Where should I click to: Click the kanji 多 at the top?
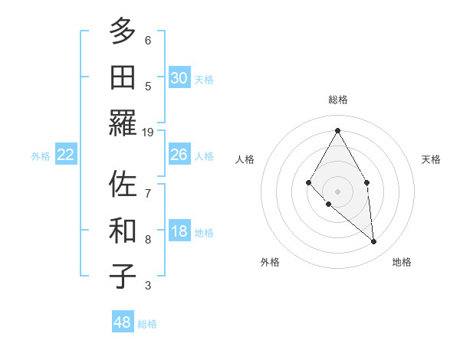(123, 32)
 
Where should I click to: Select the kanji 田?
(123, 78)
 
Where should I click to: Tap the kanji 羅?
(123, 124)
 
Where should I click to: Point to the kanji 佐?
(123, 184)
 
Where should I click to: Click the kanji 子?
(123, 276)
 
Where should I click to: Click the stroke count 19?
(149, 133)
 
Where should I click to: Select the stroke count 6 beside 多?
(148, 41)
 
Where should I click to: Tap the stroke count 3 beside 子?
(148, 286)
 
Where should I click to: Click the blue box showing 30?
(179, 77)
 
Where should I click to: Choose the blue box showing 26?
(179, 155)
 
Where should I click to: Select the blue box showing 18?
(179, 232)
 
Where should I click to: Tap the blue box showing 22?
(65, 155)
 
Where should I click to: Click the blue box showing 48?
(123, 322)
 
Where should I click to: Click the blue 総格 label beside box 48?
(147, 324)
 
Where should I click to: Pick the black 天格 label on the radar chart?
(431, 159)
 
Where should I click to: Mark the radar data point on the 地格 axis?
(374, 242)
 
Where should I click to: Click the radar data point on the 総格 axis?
(337, 130)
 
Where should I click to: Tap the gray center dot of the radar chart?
(337, 191)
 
